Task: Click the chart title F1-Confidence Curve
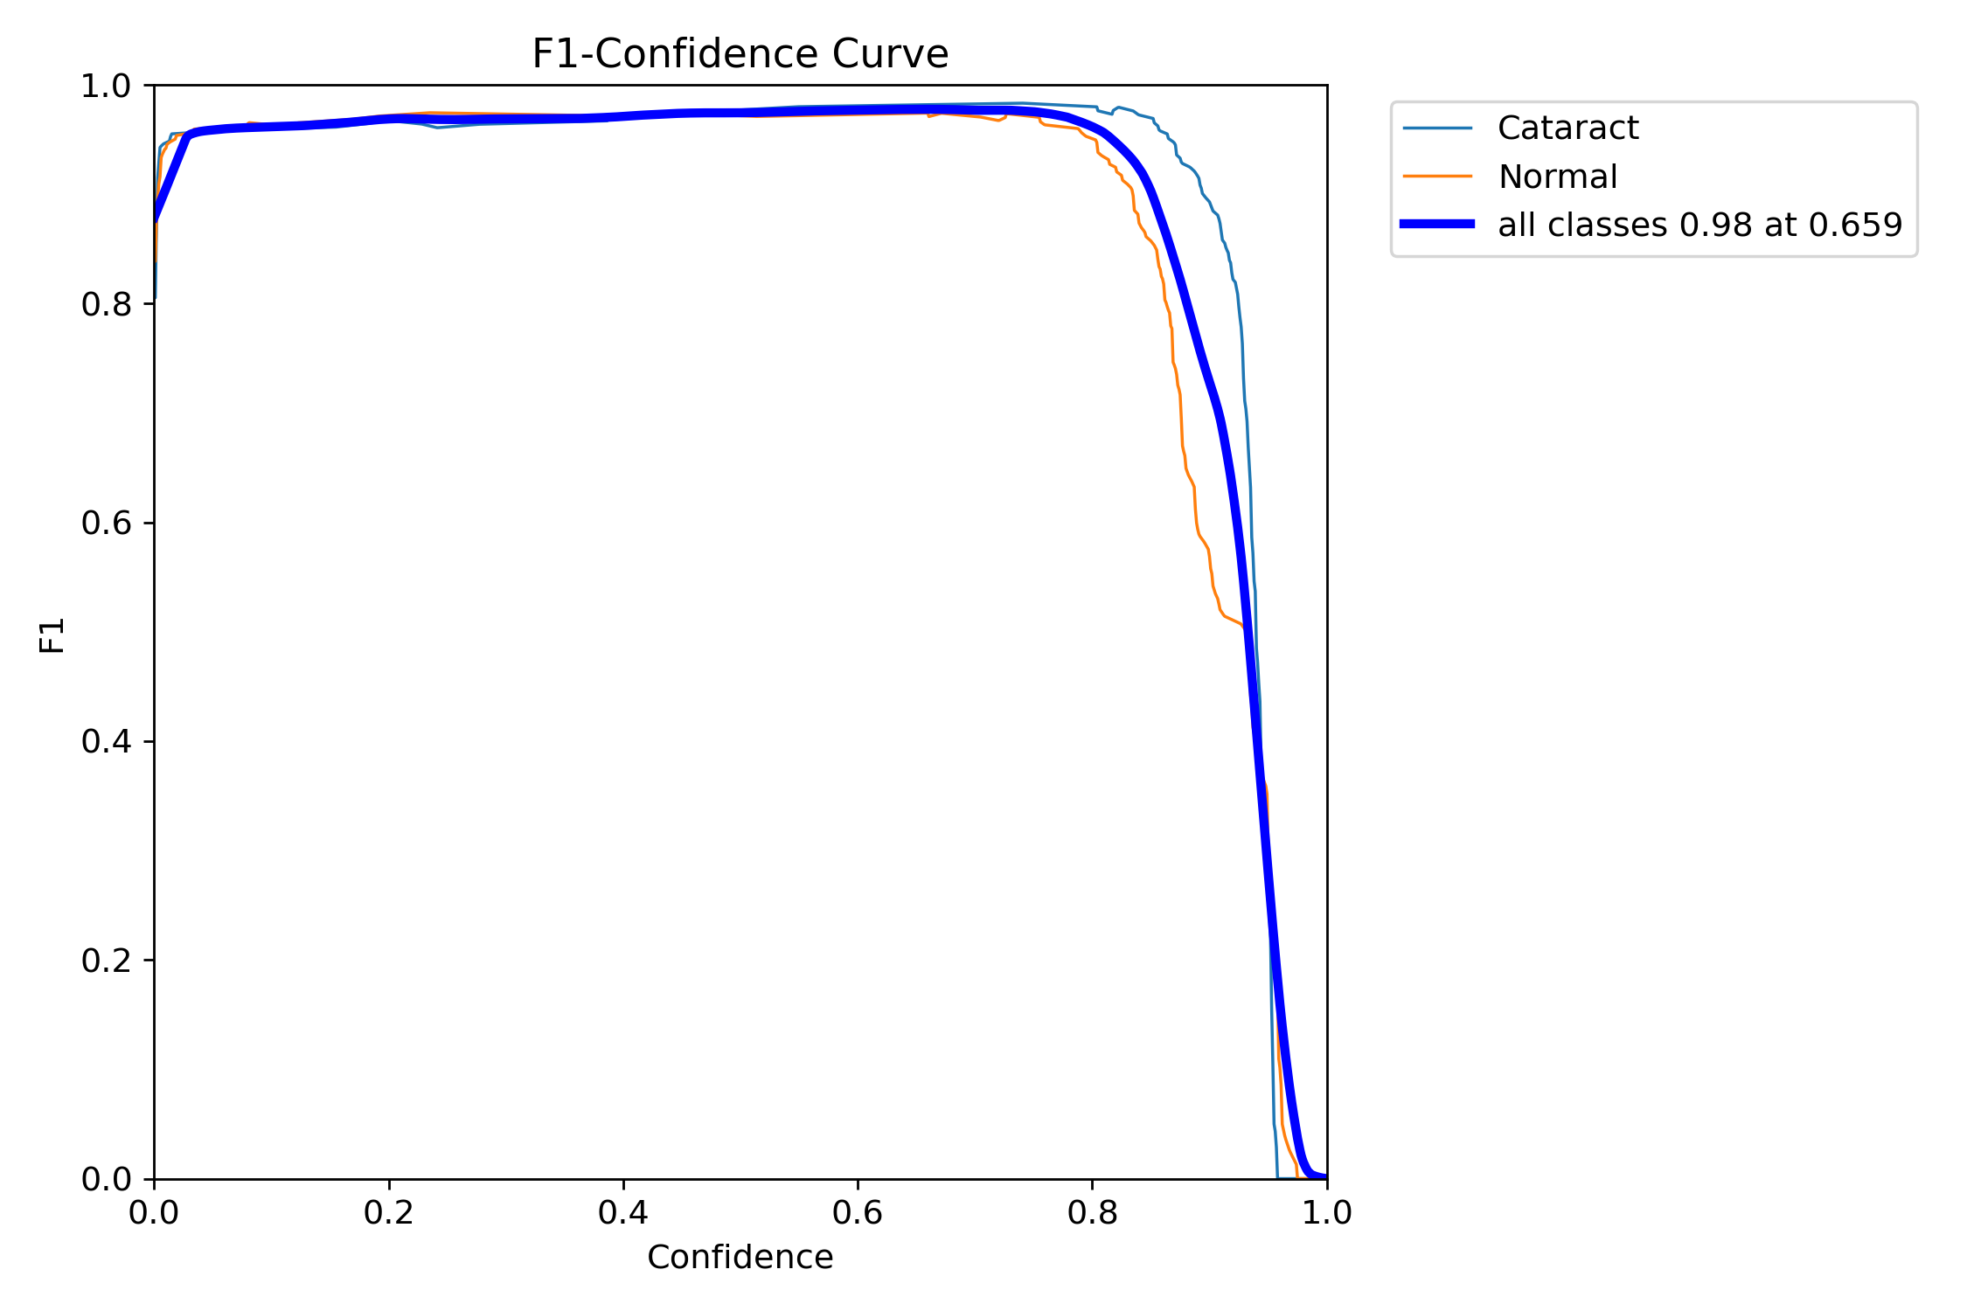[740, 54]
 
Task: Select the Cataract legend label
[1567, 128]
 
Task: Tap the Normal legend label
[1557, 177]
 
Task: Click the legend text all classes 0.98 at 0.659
[1699, 225]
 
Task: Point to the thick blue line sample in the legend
[1437, 225]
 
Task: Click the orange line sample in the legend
[1437, 177]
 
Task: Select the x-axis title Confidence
[740, 1258]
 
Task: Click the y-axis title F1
[52, 635]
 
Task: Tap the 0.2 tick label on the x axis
[389, 1213]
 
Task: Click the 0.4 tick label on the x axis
[623, 1213]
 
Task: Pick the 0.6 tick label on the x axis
[858, 1213]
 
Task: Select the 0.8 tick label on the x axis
[1092, 1213]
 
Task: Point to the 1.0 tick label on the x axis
[1326, 1213]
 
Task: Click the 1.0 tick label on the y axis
[106, 87]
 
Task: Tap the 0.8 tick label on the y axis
[106, 305]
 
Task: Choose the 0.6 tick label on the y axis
[106, 524]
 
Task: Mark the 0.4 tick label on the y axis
[106, 742]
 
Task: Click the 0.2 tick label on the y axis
[106, 961]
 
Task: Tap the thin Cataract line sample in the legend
[1437, 128]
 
